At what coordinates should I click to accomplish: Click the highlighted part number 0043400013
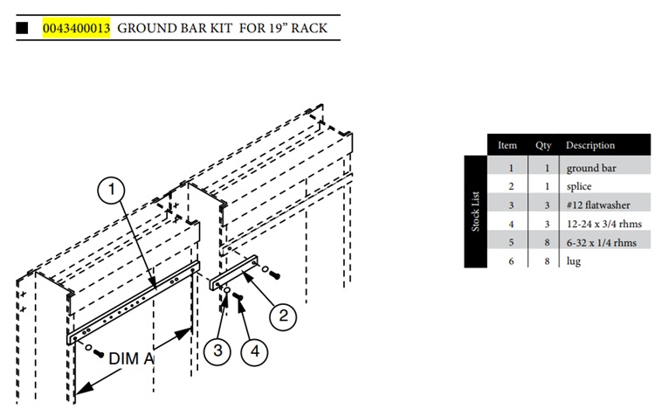pos(77,28)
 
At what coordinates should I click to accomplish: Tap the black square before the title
pos(22,28)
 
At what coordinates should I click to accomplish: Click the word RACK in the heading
pos(309,28)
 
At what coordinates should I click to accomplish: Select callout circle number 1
pos(112,190)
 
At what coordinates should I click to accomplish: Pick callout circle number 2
pos(283,315)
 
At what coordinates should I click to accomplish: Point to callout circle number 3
pos(217,350)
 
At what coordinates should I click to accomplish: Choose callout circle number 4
pos(255,351)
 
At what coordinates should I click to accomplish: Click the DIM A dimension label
pos(131,358)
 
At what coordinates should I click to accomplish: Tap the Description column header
pos(590,145)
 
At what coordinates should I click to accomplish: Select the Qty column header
pos(543,145)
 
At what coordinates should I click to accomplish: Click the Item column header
pos(507,145)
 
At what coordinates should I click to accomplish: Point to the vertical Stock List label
pos(475,211)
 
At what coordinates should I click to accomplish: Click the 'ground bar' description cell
pos(591,168)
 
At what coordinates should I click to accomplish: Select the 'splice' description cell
pos(579,186)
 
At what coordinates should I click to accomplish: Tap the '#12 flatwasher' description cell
pos(598,205)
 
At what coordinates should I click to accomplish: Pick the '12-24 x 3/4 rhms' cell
pos(604,224)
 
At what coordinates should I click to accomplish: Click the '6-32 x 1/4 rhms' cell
pos(602,242)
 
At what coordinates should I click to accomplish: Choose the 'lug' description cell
pos(574,261)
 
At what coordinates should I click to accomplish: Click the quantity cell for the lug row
pos(547,261)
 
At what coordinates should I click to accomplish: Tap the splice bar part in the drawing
pos(234,273)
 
